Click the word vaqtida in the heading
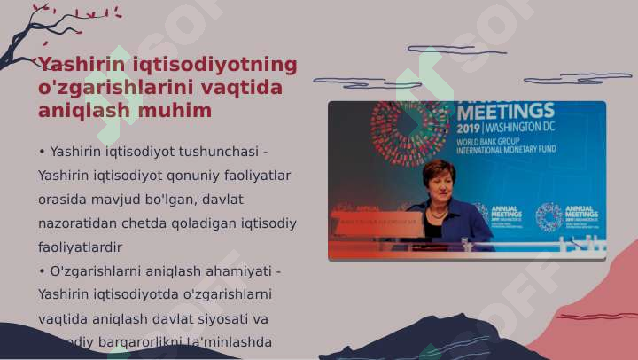[242, 88]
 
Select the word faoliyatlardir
[80, 247]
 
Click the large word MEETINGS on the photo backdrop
[505, 111]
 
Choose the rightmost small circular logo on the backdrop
[549, 215]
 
